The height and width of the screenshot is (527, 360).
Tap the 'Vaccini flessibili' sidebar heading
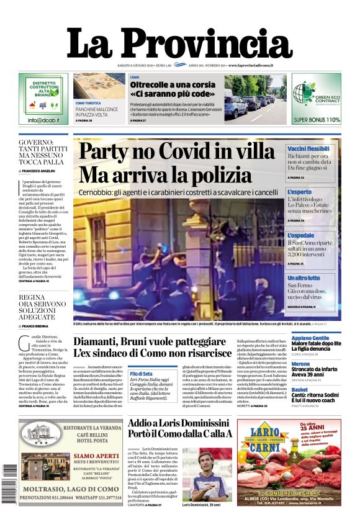pyautogui.click(x=308, y=149)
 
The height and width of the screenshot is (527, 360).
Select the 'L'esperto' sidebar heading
pyautogui.click(x=300, y=192)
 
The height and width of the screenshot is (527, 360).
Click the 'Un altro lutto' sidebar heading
pyautogui.click(x=304, y=278)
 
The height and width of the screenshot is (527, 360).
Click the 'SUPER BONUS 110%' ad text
pyautogui.click(x=317, y=120)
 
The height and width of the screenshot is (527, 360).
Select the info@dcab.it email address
pyautogui.click(x=43, y=120)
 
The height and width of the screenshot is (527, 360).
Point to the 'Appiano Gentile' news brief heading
pyautogui.click(x=310, y=338)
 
